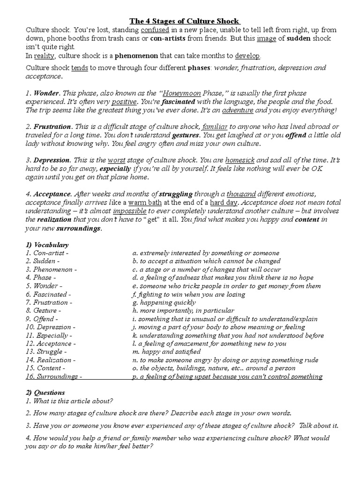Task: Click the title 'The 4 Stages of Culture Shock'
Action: (x=185, y=21)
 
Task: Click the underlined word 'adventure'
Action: (x=238, y=110)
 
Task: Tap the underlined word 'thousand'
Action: (x=241, y=194)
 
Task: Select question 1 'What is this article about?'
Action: (x=69, y=401)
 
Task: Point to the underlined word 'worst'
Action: (x=117, y=160)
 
